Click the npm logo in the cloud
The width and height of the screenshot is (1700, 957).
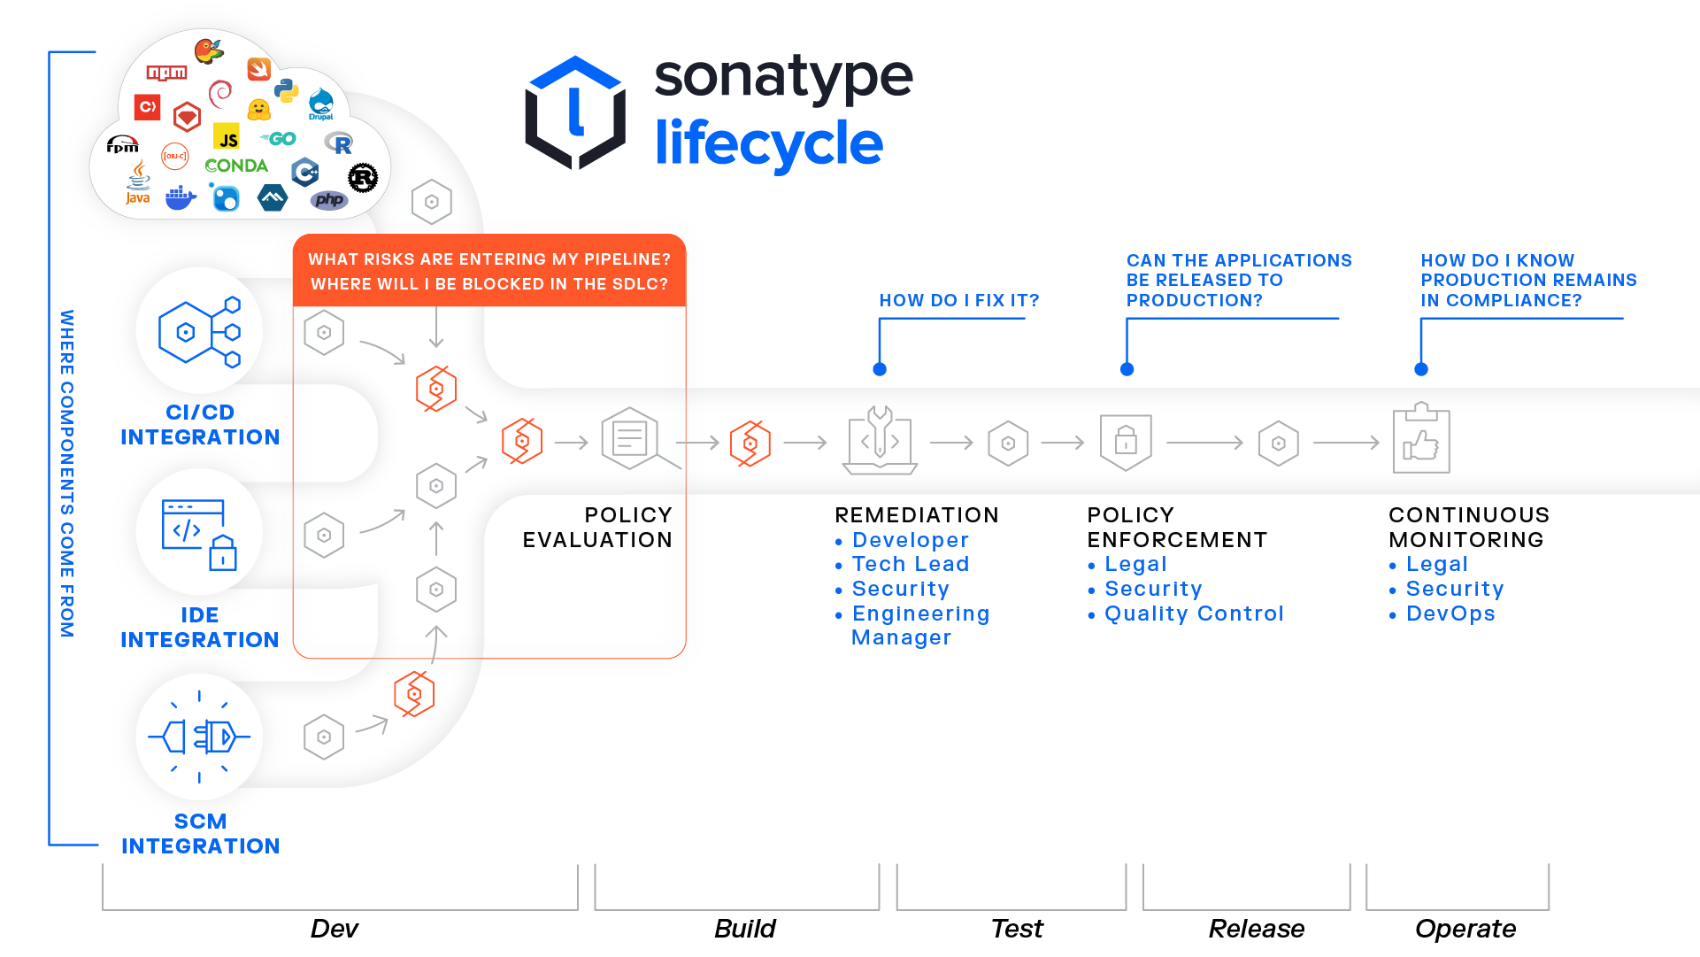coord(166,73)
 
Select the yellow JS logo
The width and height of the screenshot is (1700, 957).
coord(227,137)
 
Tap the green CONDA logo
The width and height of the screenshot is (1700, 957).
coord(235,166)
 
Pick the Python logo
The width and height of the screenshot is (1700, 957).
coord(286,90)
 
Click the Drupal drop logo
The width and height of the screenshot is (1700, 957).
coord(321,104)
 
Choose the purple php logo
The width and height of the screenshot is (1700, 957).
coord(329,200)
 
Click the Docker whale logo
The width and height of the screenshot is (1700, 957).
coord(181,197)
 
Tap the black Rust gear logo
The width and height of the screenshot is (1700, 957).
coord(363,178)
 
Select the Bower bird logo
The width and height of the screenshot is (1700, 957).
coord(209,51)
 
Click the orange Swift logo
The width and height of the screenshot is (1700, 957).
coord(258,68)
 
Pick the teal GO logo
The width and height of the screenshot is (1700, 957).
coord(279,139)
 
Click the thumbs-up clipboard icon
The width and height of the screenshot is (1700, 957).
coord(1421,440)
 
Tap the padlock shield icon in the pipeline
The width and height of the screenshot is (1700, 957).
coord(1126,441)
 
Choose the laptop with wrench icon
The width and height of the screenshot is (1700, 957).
coord(880,441)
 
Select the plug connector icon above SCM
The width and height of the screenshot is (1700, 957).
coord(199,737)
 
